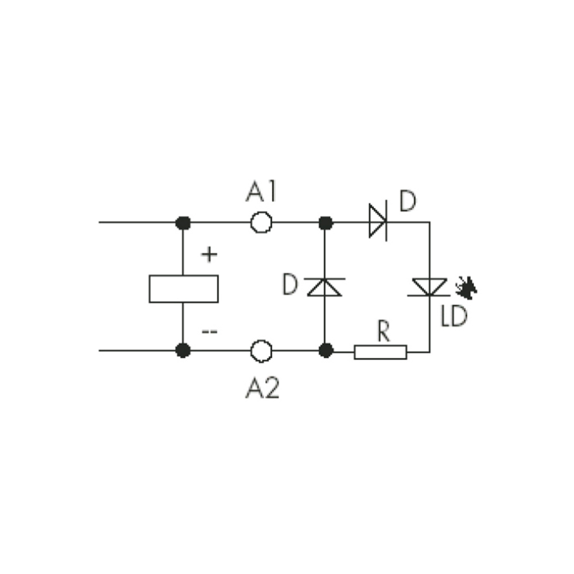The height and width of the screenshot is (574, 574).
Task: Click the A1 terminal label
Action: pyautogui.click(x=261, y=192)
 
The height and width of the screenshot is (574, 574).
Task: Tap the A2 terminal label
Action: pyautogui.click(x=262, y=388)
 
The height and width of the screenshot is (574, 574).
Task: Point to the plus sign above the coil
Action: pyautogui.click(x=210, y=254)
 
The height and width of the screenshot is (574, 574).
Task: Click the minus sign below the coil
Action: pyautogui.click(x=210, y=332)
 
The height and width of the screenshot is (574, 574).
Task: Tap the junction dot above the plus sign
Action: pyautogui.click(x=183, y=223)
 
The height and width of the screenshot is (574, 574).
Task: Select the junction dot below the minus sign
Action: pyautogui.click(x=183, y=350)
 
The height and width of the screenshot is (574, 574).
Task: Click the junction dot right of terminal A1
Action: pyautogui.click(x=325, y=223)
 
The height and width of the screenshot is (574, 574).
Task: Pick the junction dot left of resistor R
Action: pyautogui.click(x=325, y=350)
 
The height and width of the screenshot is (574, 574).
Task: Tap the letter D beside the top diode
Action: pyautogui.click(x=408, y=200)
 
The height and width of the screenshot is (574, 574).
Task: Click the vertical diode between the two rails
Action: pyautogui.click(x=324, y=287)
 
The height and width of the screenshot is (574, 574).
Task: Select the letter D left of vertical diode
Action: pyautogui.click(x=290, y=285)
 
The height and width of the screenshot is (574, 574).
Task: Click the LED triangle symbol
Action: pyautogui.click(x=429, y=287)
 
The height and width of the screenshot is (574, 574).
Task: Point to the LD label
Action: pyautogui.click(x=454, y=316)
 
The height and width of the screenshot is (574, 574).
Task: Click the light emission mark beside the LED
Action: pyautogui.click(x=466, y=288)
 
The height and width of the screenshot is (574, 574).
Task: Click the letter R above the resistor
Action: pyautogui.click(x=383, y=331)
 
